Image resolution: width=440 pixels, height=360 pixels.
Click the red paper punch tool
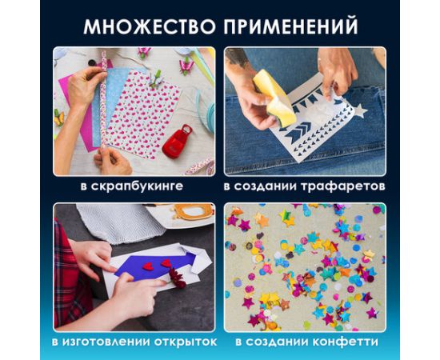[x=177, y=142]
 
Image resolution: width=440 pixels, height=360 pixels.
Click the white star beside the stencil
[x=358, y=109]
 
